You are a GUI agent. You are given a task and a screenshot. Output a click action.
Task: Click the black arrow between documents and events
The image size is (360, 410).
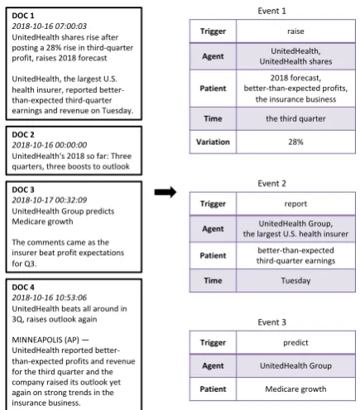(166, 192)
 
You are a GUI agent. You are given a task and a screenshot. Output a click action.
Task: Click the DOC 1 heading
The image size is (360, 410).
(23, 16)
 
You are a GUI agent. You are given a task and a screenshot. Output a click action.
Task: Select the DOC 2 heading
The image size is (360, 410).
(23, 135)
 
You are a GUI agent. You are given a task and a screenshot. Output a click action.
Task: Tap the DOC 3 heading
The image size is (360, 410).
(23, 190)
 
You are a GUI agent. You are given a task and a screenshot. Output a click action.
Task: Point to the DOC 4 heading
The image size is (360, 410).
(23, 287)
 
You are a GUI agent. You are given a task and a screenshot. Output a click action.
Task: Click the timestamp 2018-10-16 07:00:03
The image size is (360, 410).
(49, 26)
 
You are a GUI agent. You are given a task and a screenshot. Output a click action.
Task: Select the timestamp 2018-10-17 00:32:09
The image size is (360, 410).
(50, 200)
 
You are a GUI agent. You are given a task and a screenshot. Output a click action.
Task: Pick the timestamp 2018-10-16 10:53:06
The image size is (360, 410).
(50, 297)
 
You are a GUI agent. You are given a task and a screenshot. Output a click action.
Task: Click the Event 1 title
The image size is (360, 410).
(271, 11)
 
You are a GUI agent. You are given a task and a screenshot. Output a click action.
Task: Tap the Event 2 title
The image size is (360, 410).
(271, 184)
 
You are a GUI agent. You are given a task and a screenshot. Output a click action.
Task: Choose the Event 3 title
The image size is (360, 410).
(271, 322)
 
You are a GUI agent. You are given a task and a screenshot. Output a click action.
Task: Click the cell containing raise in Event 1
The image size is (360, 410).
(295, 31)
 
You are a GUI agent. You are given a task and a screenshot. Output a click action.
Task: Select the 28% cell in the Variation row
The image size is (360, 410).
(295, 142)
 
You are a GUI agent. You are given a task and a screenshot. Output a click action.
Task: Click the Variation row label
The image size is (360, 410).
(213, 142)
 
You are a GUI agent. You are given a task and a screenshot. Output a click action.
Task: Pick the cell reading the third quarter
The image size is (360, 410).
(295, 118)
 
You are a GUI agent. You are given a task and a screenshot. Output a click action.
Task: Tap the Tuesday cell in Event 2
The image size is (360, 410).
(295, 281)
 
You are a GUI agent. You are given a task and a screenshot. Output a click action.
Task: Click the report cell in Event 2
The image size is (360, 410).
(295, 204)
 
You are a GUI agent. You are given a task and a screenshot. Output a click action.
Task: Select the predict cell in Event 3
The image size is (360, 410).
(295, 343)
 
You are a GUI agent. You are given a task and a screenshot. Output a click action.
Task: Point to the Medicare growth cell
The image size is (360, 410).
(295, 389)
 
